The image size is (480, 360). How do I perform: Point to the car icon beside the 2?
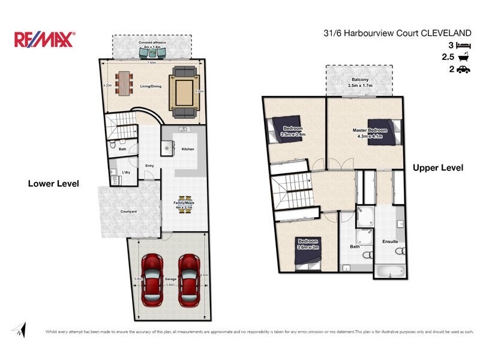(463, 70)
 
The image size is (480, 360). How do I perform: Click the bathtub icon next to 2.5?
(463, 58)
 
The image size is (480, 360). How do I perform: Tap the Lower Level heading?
(53, 184)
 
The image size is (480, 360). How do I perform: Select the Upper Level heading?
(437, 168)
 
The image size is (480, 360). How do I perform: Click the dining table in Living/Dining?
(124, 83)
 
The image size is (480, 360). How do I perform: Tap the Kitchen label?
(188, 149)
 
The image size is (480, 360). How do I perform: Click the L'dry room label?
(126, 172)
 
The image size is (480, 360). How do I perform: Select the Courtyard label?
(129, 211)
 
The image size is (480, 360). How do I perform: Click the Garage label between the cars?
(170, 280)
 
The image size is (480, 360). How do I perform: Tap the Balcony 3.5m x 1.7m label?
(360, 83)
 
